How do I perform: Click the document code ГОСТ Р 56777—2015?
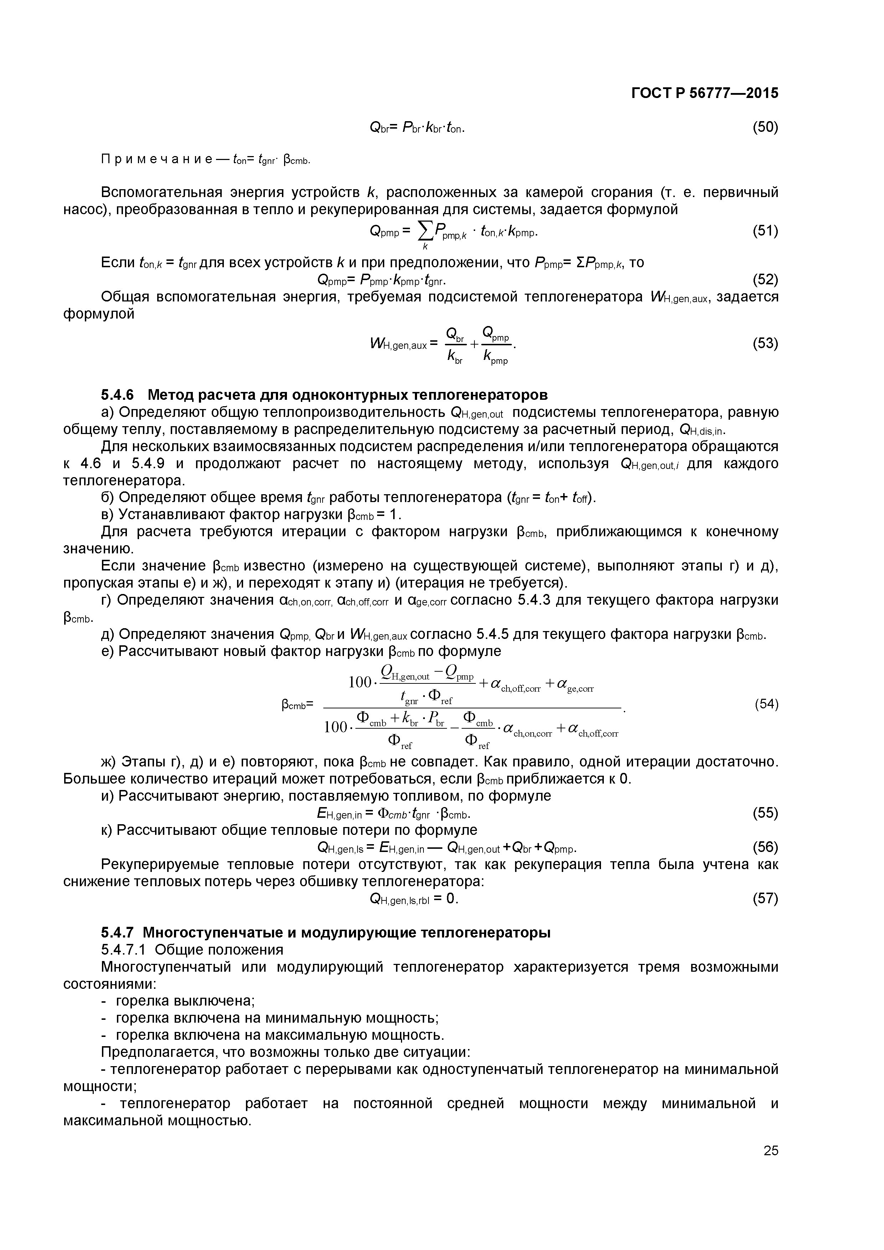tap(704, 93)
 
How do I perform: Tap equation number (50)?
tap(765, 128)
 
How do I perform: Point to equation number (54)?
tap(766, 704)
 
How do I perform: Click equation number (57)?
tap(765, 899)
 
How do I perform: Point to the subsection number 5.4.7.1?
tap(125, 951)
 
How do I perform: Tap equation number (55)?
tap(765, 813)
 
